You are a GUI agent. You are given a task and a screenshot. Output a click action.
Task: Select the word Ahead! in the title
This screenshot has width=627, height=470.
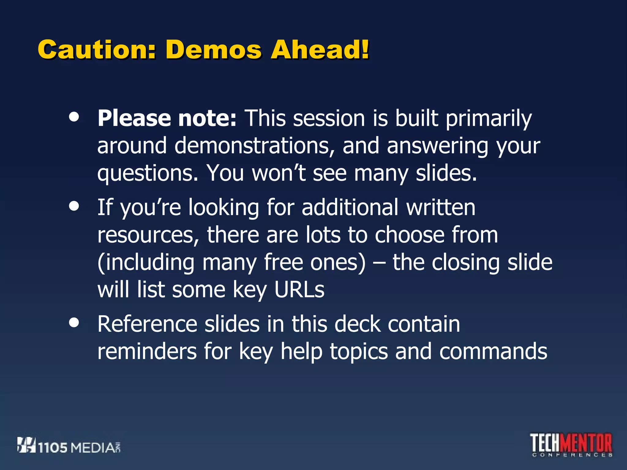(x=320, y=50)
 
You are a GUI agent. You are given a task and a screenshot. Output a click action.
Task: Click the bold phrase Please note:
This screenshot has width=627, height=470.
(x=167, y=118)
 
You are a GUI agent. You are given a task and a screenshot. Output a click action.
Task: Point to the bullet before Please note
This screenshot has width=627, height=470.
(x=74, y=117)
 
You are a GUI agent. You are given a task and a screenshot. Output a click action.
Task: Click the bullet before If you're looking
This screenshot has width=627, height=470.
(x=74, y=206)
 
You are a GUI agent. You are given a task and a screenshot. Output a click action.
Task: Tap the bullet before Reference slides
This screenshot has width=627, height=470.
(x=74, y=323)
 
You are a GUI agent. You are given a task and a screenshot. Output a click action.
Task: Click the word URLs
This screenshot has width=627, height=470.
(x=299, y=289)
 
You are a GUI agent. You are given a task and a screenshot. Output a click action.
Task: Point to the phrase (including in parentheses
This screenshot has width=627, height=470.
(x=146, y=263)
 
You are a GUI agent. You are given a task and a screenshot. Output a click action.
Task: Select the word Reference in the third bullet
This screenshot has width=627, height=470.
(x=147, y=324)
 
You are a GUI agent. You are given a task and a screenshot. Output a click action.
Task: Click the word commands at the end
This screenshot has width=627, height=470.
(x=493, y=352)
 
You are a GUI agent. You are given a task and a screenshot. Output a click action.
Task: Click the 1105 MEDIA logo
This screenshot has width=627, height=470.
(x=69, y=446)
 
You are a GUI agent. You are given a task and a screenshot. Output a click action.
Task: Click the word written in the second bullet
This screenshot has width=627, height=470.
(x=441, y=207)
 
